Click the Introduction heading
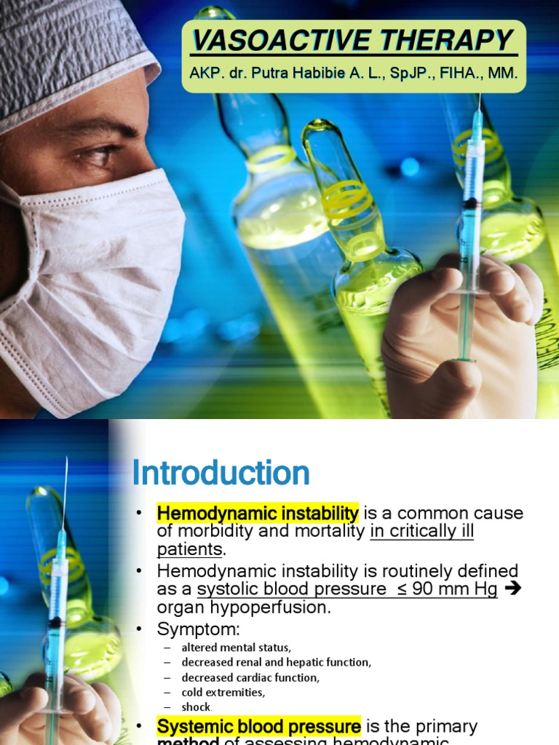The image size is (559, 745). pyautogui.click(x=221, y=473)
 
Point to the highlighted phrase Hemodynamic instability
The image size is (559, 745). pyautogui.click(x=258, y=514)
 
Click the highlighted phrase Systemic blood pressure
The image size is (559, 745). pyautogui.click(x=259, y=726)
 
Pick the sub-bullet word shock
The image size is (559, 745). pyautogui.click(x=197, y=707)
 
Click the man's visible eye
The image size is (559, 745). pyautogui.click(x=98, y=155)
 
